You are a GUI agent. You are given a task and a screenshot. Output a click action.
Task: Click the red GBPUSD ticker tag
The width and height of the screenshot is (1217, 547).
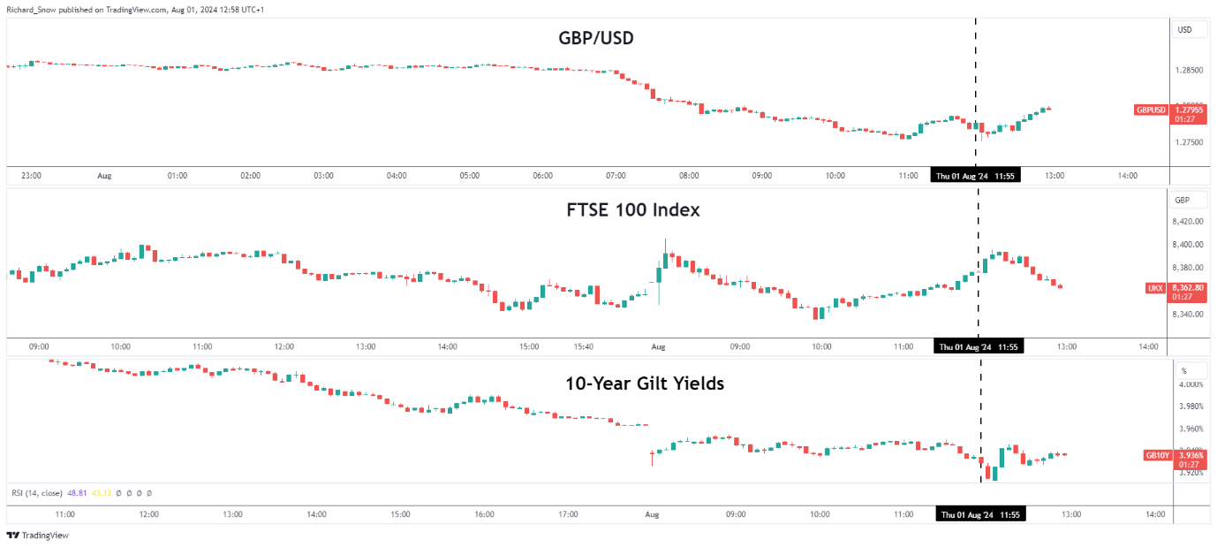pyautogui.click(x=1151, y=110)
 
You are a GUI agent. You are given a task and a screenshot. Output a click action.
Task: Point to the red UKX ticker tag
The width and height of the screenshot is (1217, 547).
pyautogui.click(x=1155, y=288)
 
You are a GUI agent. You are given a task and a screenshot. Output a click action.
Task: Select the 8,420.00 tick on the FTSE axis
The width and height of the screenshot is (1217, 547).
pyautogui.click(x=1190, y=223)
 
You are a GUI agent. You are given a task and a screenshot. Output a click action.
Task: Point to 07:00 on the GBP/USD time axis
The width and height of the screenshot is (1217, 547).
pyautogui.click(x=616, y=175)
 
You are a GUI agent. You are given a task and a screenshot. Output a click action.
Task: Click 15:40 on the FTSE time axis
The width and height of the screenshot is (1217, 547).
pyautogui.click(x=583, y=347)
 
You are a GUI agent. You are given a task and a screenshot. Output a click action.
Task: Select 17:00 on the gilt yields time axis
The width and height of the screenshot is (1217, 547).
pyautogui.click(x=569, y=514)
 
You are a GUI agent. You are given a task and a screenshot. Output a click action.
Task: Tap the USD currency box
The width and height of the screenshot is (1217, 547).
pyautogui.click(x=1184, y=30)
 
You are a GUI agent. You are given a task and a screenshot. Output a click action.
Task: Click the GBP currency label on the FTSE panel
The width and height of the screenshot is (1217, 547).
pyautogui.click(x=1182, y=201)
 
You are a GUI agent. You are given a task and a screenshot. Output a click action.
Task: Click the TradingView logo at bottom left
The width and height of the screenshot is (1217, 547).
pyautogui.click(x=37, y=535)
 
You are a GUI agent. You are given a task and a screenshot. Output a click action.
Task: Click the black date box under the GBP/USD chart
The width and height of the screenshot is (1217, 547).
pyautogui.click(x=976, y=175)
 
